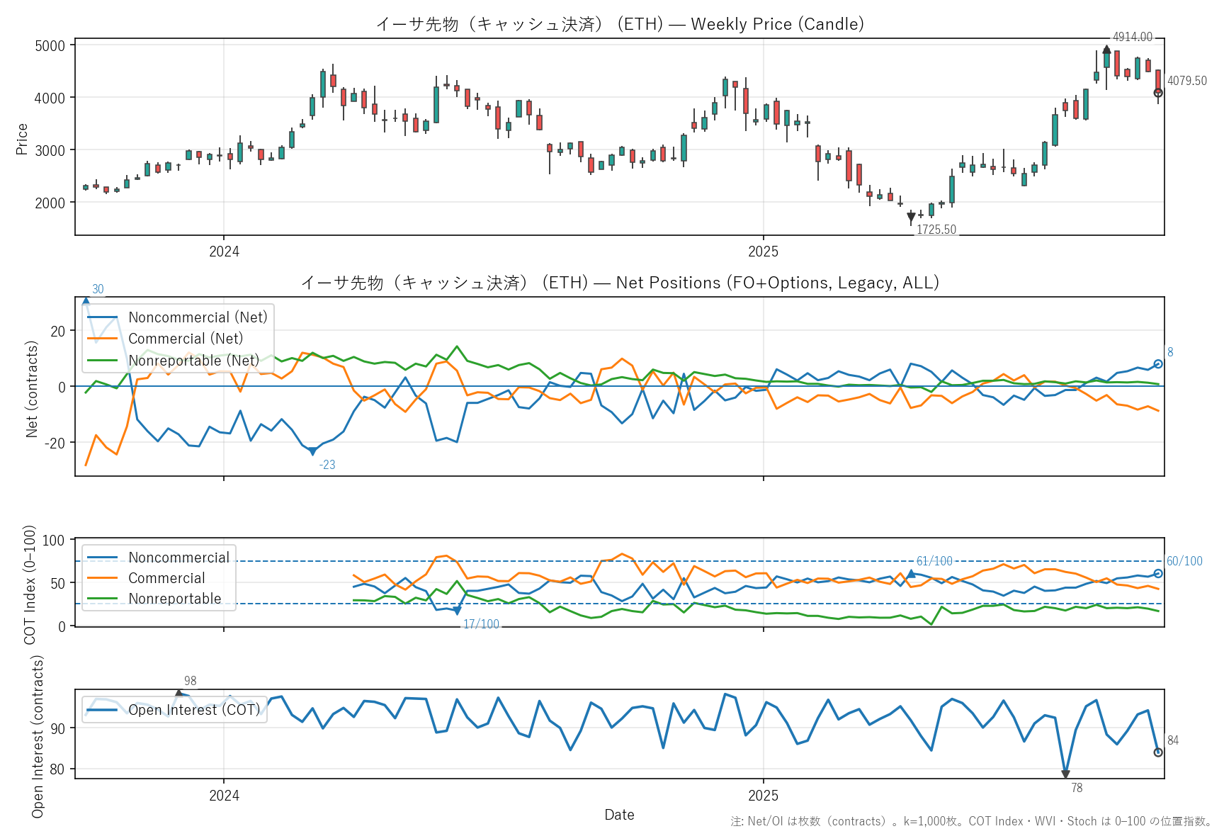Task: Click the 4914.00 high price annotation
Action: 1132,37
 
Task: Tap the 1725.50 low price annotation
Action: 936,230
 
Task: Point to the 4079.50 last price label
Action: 1186,81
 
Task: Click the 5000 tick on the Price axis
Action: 50,46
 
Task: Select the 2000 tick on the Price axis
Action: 50,203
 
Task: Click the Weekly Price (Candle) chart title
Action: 620,24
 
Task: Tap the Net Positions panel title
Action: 620,283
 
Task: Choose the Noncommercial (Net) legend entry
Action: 198,317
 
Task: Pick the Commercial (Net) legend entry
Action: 186,339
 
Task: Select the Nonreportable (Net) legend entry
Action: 193,361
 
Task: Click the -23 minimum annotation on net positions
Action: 327,465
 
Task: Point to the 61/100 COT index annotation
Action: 934,561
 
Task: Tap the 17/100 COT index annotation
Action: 481,624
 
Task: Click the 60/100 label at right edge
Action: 1184,561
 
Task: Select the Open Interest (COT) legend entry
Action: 194,710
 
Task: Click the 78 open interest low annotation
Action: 1077,788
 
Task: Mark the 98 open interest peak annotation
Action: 190,681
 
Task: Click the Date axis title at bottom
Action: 619,815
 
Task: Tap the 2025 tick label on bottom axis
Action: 763,796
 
